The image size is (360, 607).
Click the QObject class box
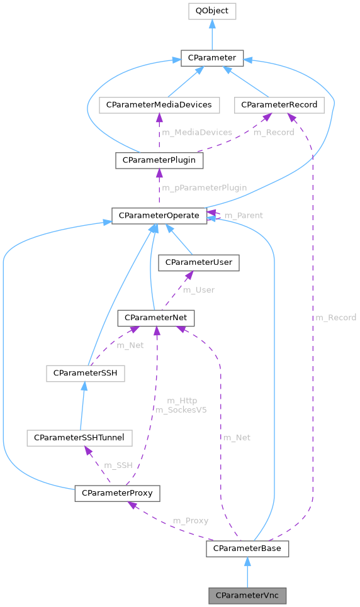click(211, 11)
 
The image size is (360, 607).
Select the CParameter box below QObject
click(211, 58)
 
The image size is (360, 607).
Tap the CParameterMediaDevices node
click(159, 105)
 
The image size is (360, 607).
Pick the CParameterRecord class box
click(279, 105)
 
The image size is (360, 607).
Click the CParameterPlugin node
click(159, 160)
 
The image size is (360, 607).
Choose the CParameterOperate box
click(159, 216)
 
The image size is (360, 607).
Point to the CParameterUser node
click(199, 263)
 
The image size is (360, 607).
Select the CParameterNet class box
click(156, 318)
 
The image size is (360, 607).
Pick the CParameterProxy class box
click(117, 493)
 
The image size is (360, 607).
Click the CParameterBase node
click(247, 549)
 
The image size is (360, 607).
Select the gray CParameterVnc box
click(247, 595)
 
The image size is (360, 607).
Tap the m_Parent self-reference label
click(244, 216)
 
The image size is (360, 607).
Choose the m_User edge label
click(198, 291)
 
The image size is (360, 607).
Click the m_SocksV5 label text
click(182, 409)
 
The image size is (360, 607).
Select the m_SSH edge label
click(118, 465)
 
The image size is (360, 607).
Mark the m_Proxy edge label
click(190, 521)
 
